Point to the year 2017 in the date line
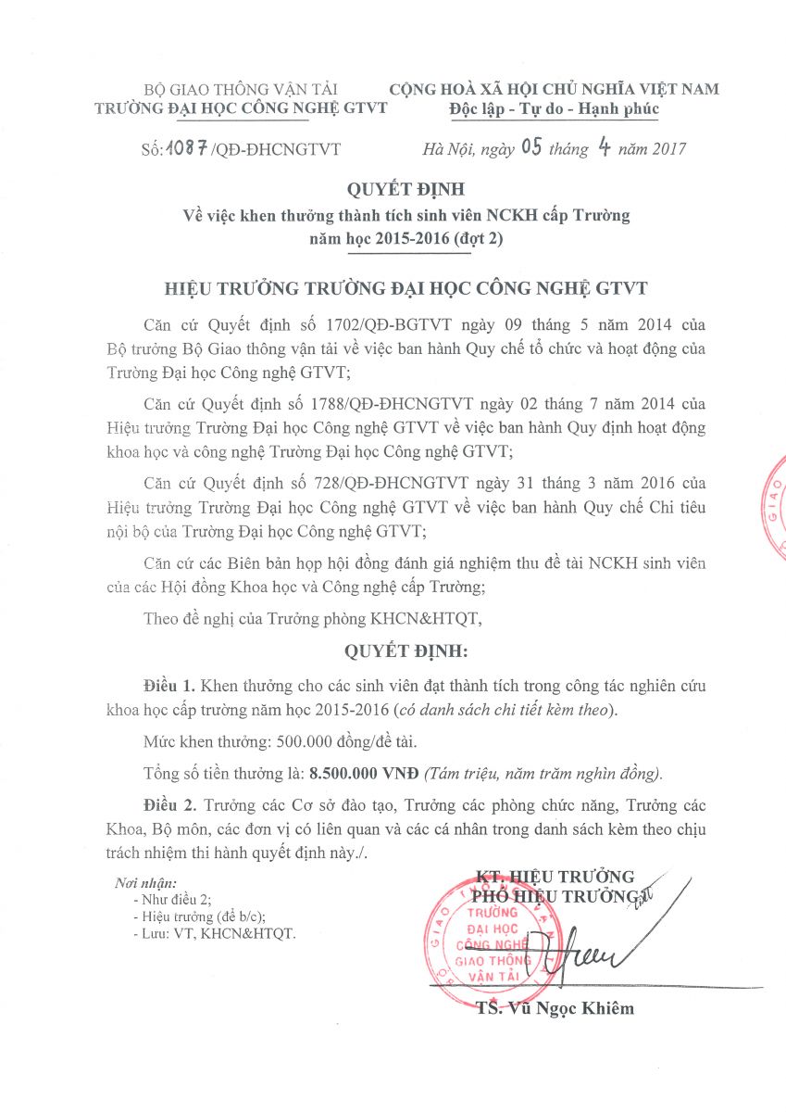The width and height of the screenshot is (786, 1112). point(666,148)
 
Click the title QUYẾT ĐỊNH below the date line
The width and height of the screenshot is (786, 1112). point(393,192)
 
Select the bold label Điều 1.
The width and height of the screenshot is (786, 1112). point(169,686)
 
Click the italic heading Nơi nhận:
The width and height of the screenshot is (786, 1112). point(144,883)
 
